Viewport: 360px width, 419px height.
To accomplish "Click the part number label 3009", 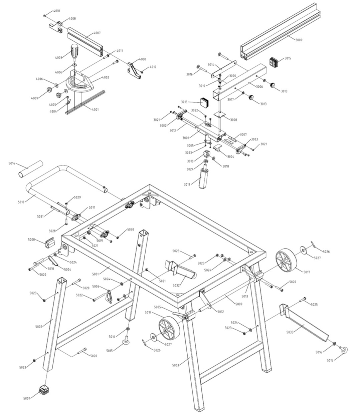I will (x=299, y=40).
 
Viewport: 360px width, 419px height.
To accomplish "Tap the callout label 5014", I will (x=12, y=163).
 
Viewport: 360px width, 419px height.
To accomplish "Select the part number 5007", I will (x=27, y=398).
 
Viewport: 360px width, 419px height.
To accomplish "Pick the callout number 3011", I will (x=187, y=184).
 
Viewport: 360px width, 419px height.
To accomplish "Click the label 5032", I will (x=176, y=285).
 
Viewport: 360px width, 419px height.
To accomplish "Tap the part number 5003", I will (x=176, y=365).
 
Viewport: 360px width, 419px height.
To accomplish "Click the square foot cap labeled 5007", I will (x=43, y=389).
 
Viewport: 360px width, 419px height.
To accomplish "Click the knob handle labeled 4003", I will (x=75, y=52).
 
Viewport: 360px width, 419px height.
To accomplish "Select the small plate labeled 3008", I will (x=219, y=114).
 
